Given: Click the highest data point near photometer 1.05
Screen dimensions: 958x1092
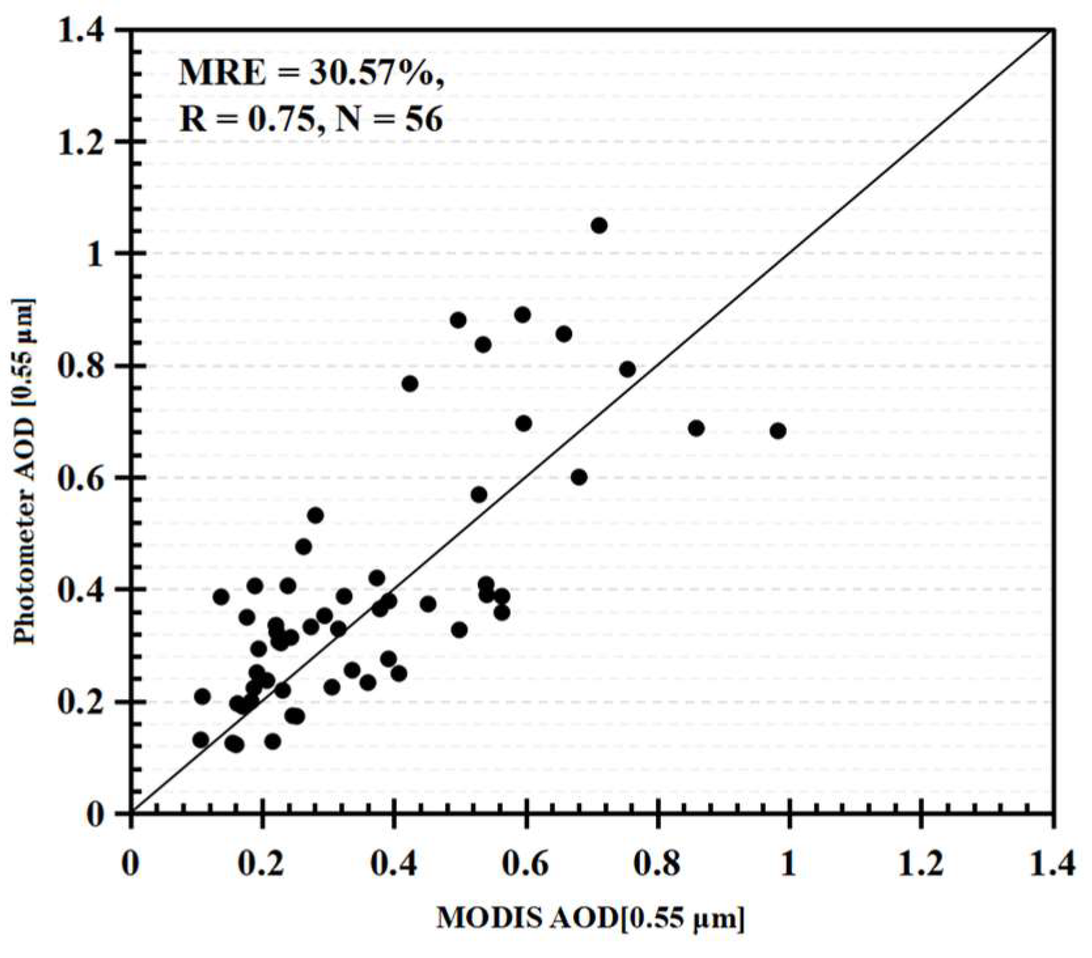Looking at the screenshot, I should click(599, 226).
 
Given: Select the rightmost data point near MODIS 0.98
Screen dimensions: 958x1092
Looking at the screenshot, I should click(777, 431).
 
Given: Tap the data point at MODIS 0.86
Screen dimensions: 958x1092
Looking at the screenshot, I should click(696, 428).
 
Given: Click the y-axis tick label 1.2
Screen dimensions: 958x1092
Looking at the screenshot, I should click(86, 143).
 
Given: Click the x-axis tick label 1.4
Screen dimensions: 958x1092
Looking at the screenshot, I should click(1051, 864).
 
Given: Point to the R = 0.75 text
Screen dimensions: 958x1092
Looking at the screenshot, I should click(249, 120).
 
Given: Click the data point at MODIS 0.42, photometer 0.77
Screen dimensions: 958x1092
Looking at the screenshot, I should click(410, 384).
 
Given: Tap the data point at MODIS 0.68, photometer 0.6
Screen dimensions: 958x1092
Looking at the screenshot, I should click(579, 477).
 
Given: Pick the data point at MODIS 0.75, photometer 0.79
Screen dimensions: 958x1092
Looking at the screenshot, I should click(627, 369).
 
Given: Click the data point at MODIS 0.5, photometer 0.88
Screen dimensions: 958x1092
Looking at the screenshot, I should click(458, 320).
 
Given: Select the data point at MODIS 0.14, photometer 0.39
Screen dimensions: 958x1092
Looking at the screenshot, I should click(221, 596).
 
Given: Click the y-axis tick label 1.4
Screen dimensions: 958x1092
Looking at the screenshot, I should click(86, 31).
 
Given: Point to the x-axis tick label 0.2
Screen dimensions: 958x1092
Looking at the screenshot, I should click(261, 864).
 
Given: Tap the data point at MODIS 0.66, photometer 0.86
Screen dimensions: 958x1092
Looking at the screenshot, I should click(564, 334).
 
